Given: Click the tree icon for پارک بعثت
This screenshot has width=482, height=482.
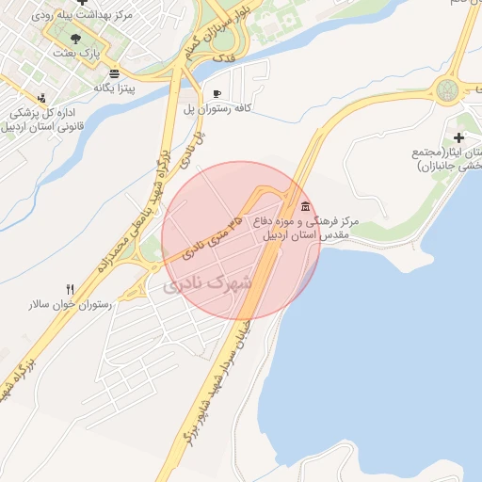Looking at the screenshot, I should pyautogui.click(x=75, y=39).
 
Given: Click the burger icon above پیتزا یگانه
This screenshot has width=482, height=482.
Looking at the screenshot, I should pyautogui.click(x=114, y=72).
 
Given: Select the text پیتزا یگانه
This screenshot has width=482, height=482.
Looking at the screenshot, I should pyautogui.click(x=115, y=88).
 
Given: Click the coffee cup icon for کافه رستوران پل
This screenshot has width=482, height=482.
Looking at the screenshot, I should pyautogui.click(x=217, y=94).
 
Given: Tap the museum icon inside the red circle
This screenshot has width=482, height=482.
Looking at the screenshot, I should pyautogui.click(x=304, y=206).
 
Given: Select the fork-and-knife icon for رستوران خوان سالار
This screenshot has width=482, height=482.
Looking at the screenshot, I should pyautogui.click(x=70, y=289).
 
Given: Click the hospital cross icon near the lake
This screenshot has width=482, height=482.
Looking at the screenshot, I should pyautogui.click(x=459, y=137).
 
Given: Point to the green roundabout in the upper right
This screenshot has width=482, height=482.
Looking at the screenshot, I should pyautogui.click(x=445, y=91).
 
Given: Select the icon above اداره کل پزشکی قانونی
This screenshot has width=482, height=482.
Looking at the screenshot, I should pyautogui.click(x=41, y=97).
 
